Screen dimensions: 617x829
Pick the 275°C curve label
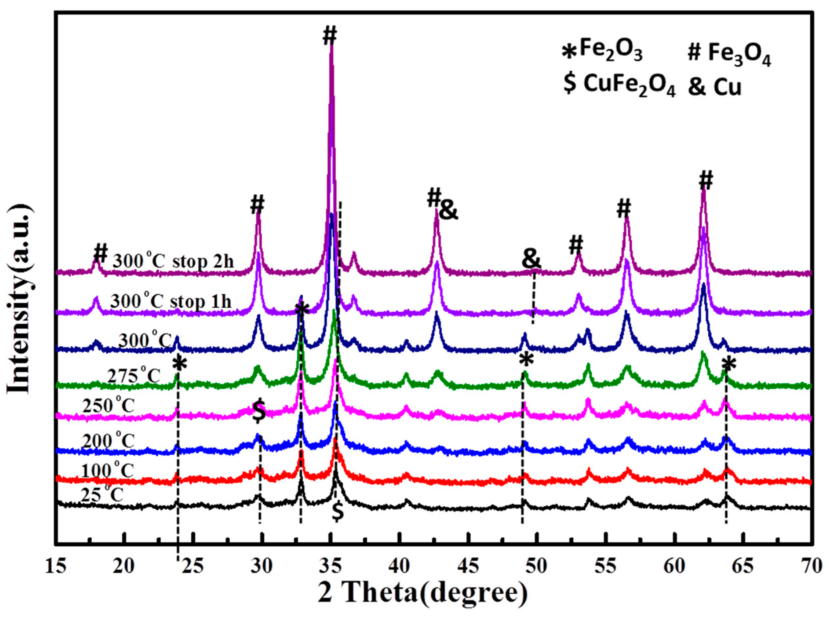point(134,376)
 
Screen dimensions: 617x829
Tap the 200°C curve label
point(108,441)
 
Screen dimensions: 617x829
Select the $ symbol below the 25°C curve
point(338,513)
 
